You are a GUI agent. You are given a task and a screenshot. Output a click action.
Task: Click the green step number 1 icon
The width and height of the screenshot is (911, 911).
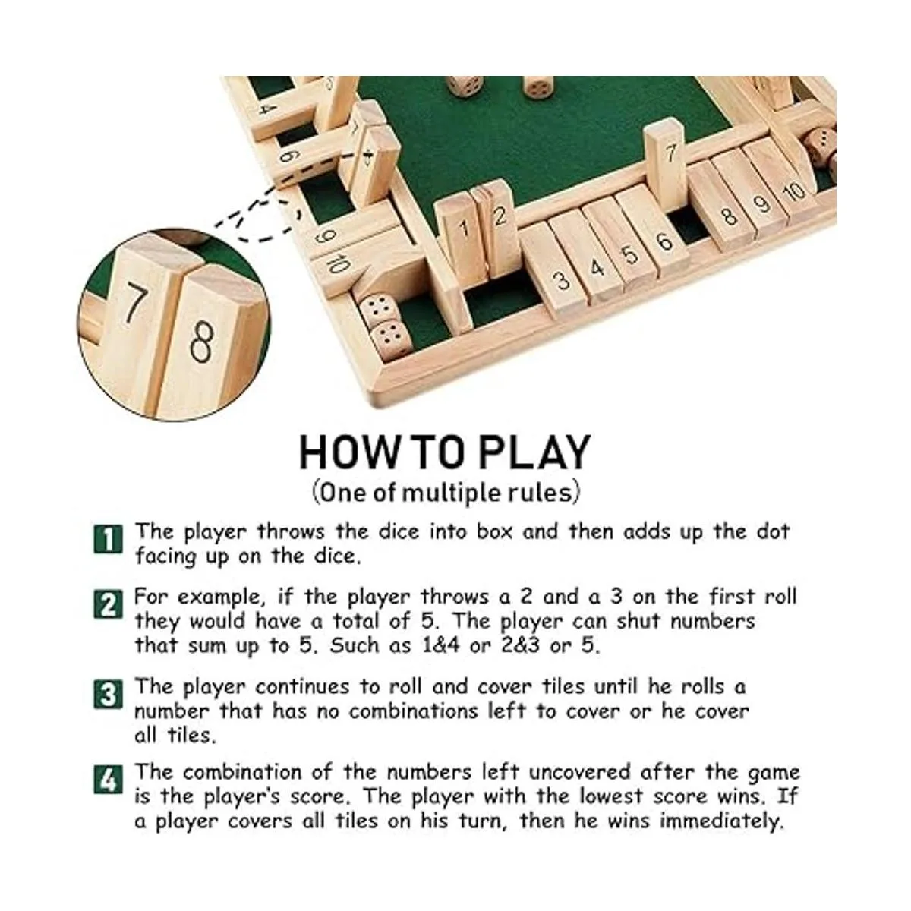pyautogui.click(x=109, y=538)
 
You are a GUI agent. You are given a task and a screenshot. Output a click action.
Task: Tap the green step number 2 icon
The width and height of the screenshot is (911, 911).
pyautogui.click(x=109, y=604)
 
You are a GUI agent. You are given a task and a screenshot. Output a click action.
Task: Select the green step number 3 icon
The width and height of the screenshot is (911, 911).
pyautogui.click(x=109, y=694)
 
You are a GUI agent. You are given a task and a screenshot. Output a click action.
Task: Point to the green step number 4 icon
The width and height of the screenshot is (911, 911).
pyautogui.click(x=109, y=780)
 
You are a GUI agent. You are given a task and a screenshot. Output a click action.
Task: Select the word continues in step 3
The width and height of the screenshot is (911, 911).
pyautogui.click(x=302, y=687)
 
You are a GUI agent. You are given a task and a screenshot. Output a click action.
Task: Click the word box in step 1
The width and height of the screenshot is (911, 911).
pyautogui.click(x=494, y=531)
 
